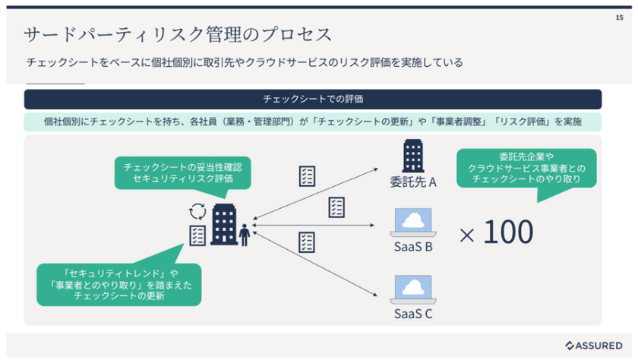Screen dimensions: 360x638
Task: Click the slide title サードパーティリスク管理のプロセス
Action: [178, 35]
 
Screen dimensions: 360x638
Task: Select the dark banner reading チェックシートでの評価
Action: [312, 99]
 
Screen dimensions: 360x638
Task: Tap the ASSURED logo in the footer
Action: [594, 345]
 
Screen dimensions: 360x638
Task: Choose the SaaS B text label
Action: [413, 247]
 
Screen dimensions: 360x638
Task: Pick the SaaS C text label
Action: [413, 312]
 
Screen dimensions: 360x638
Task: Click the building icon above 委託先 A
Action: [412, 156]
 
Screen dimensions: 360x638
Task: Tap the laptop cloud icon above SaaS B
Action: [413, 222]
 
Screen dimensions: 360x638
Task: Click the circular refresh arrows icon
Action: [197, 210]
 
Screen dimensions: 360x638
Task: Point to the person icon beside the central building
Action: [245, 235]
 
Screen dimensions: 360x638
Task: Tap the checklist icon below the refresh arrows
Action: [197, 234]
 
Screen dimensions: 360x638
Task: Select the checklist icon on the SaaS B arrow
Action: [336, 207]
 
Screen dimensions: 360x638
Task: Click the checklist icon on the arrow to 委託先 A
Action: [307, 176]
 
